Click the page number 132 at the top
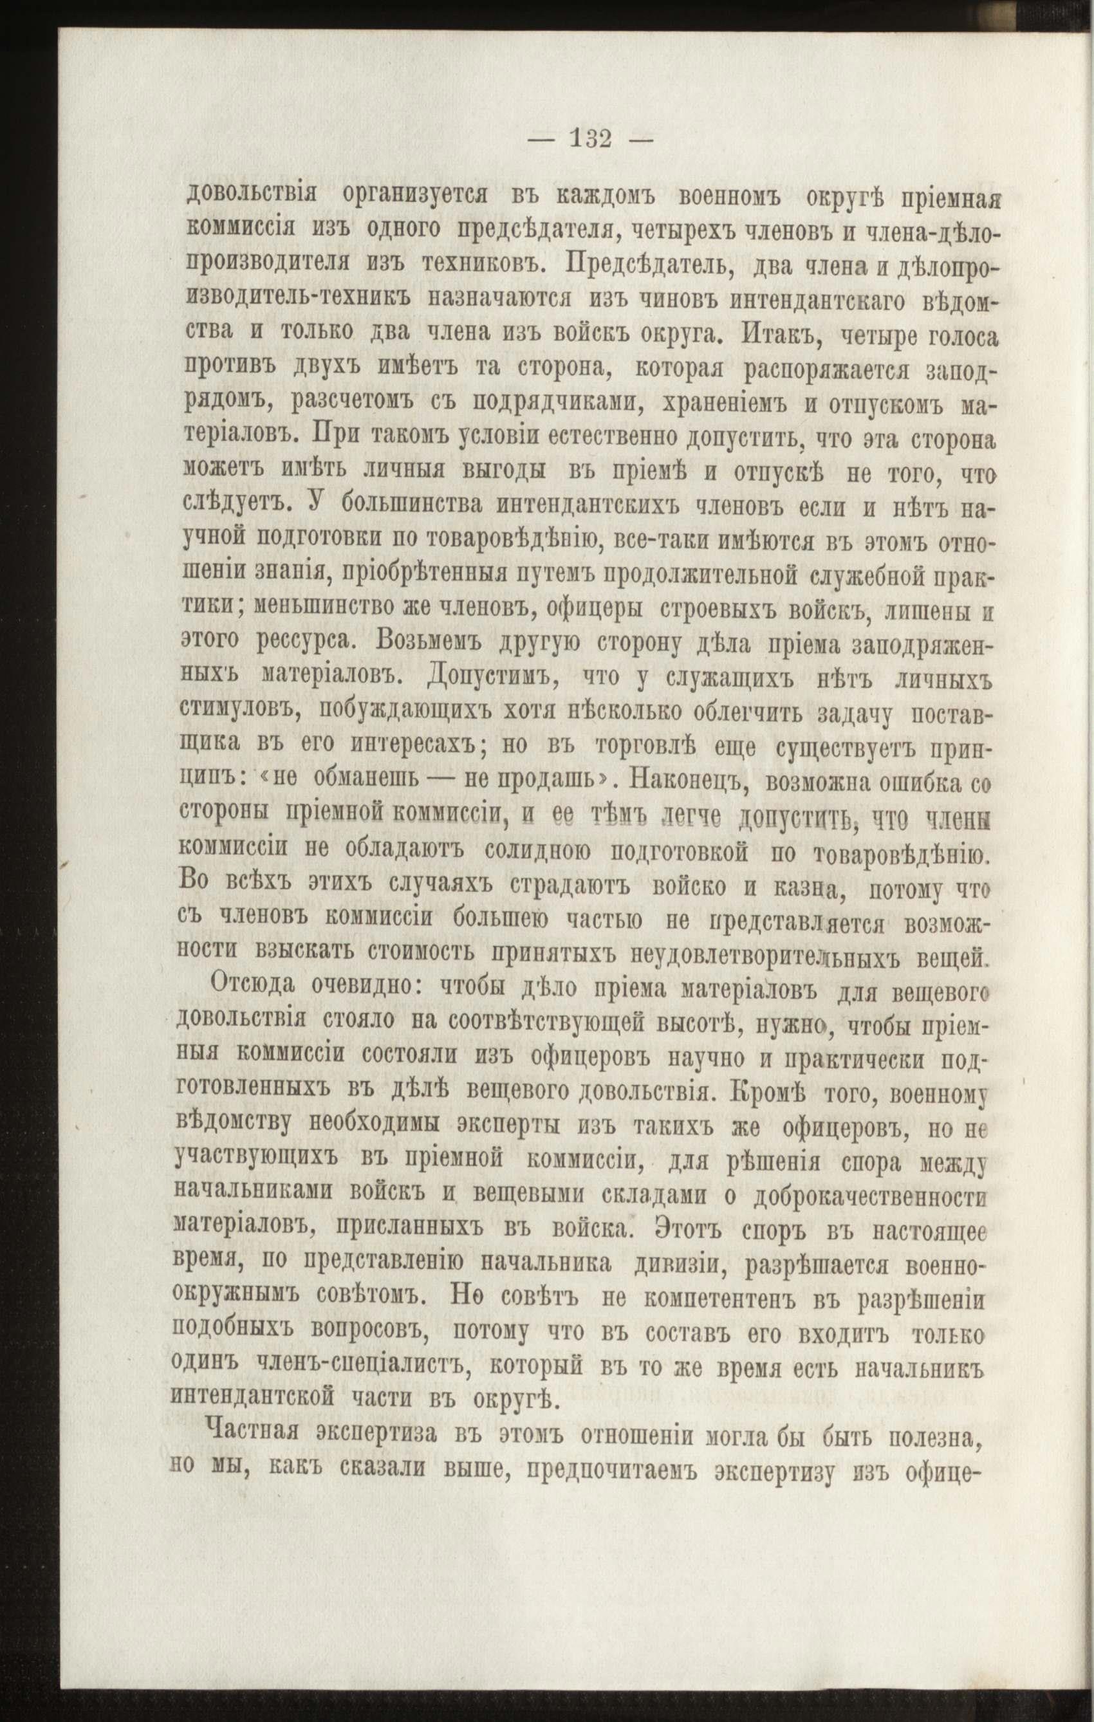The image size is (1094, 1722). (x=591, y=137)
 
